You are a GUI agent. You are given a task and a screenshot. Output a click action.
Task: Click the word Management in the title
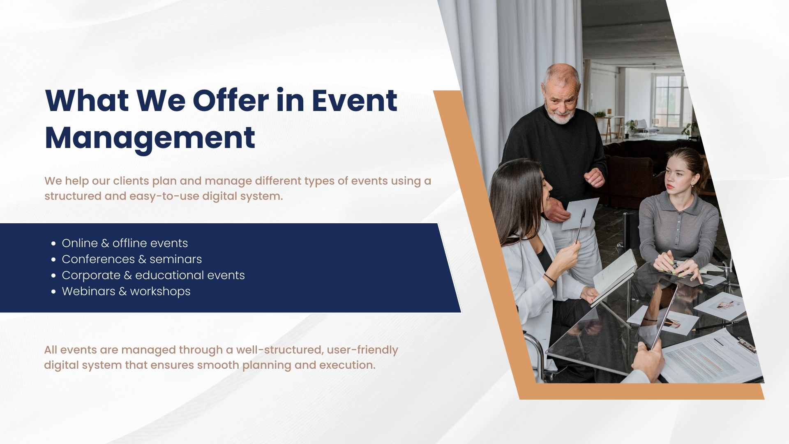tap(150, 138)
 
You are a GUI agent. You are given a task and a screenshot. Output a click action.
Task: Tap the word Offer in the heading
tap(231, 101)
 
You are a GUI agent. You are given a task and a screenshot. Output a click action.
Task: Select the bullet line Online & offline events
tap(125, 243)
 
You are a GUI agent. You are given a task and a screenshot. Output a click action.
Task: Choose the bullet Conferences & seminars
tap(131, 259)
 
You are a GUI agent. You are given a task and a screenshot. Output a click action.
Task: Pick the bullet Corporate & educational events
tap(153, 275)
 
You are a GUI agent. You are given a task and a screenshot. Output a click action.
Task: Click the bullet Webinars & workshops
tap(126, 291)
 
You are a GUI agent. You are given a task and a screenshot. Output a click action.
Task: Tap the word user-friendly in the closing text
tap(362, 350)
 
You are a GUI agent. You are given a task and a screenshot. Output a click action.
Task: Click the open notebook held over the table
tap(614, 275)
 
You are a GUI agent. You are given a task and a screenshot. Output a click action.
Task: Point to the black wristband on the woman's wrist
tap(549, 278)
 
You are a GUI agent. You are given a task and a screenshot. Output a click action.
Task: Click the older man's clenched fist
tap(594, 178)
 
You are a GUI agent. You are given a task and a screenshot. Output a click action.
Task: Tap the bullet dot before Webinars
tap(53, 292)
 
